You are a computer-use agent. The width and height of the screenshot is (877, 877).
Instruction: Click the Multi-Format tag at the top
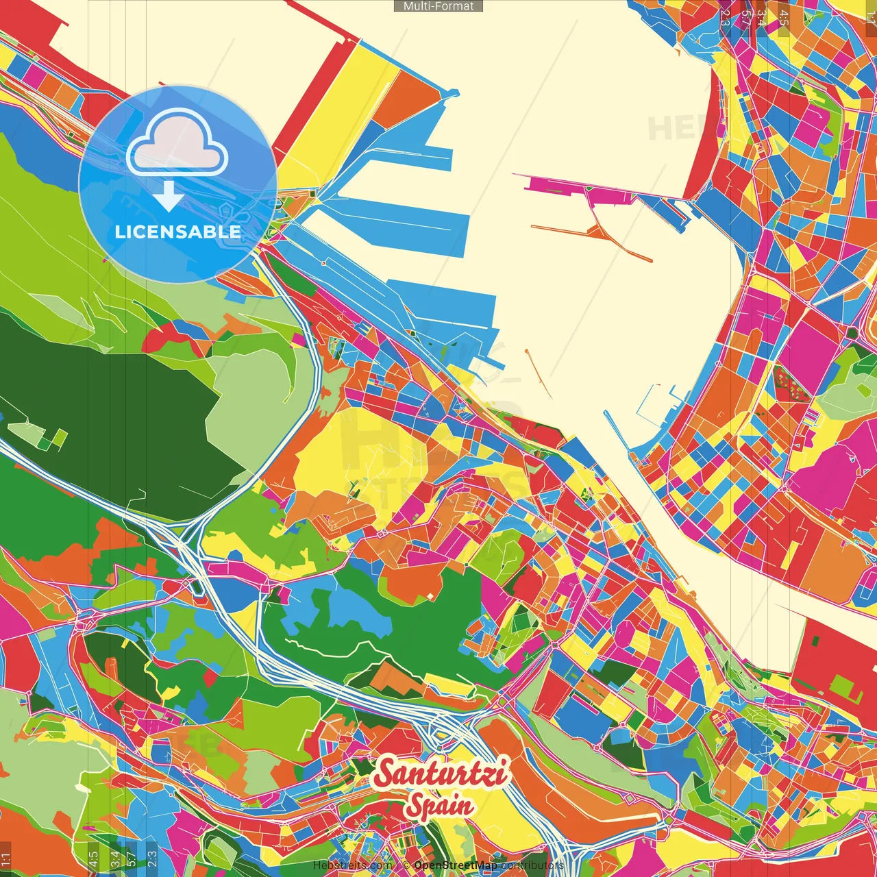click(x=438, y=6)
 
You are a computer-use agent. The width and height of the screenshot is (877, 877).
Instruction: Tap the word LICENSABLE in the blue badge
click(x=177, y=232)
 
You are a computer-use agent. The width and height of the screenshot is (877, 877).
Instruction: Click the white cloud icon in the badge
click(x=177, y=143)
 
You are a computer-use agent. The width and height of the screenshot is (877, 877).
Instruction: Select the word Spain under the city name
click(x=439, y=805)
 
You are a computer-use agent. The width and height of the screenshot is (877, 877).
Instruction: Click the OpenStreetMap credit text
click(x=455, y=865)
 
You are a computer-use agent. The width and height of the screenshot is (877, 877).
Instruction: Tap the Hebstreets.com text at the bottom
click(x=352, y=865)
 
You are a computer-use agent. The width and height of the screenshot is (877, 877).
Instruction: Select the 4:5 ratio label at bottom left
click(x=94, y=858)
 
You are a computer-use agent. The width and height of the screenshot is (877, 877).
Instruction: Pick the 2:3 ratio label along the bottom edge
click(x=152, y=858)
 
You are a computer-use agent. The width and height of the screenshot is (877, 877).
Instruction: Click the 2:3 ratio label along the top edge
click(x=725, y=17)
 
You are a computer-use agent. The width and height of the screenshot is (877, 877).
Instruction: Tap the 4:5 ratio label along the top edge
click(x=784, y=17)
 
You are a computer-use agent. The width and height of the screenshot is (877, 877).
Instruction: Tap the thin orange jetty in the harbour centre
click(x=538, y=373)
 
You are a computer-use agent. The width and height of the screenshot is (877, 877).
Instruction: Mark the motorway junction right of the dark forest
click(x=185, y=541)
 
